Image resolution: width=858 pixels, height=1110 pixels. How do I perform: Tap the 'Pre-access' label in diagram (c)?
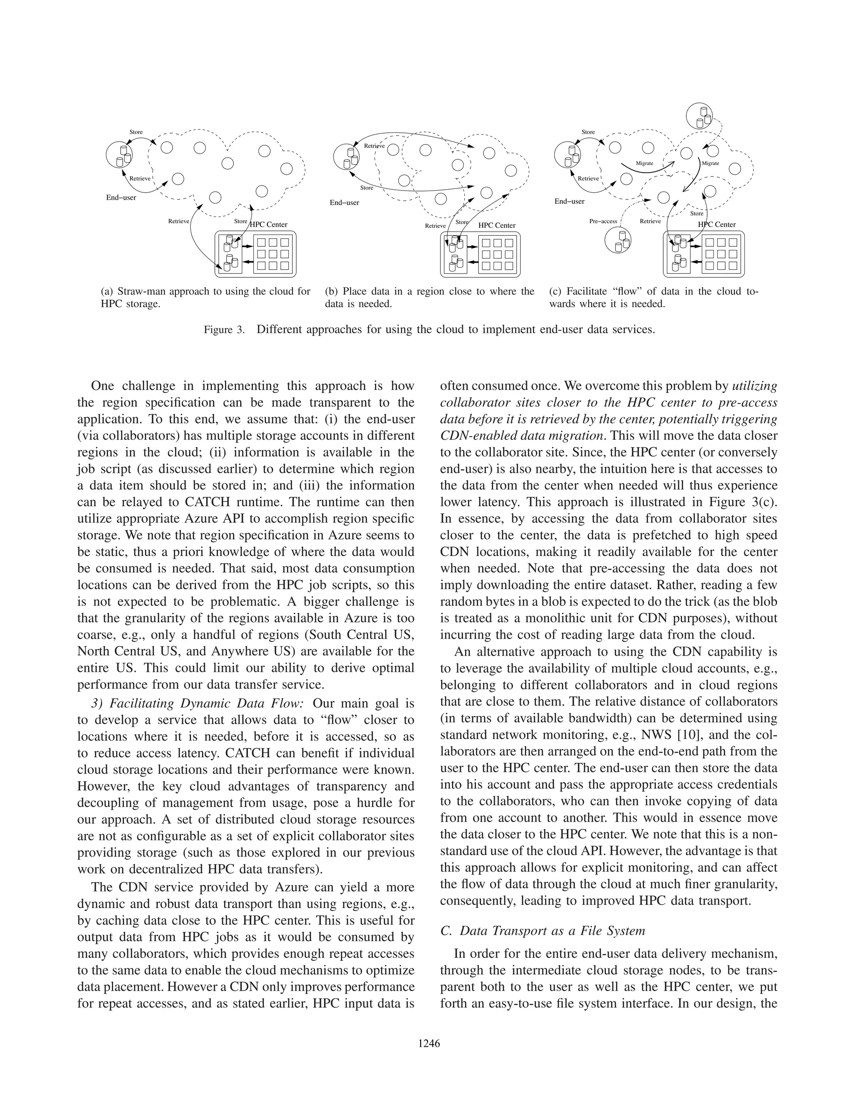(603, 222)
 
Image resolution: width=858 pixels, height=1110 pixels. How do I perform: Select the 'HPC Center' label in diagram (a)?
(269, 225)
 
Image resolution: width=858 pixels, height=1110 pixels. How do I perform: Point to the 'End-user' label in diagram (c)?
(569, 201)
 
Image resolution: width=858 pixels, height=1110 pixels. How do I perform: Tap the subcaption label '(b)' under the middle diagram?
(331, 292)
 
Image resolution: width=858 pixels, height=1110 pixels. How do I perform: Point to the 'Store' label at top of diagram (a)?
(136, 132)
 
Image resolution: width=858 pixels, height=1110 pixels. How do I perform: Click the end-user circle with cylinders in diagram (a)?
(121, 154)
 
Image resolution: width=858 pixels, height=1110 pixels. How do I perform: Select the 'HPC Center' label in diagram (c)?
(717, 225)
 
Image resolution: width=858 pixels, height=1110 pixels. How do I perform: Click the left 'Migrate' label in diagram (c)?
(644, 164)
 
